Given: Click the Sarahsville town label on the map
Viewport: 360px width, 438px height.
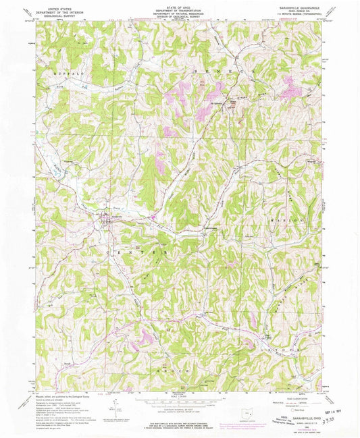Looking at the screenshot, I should [x=107, y=217].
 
